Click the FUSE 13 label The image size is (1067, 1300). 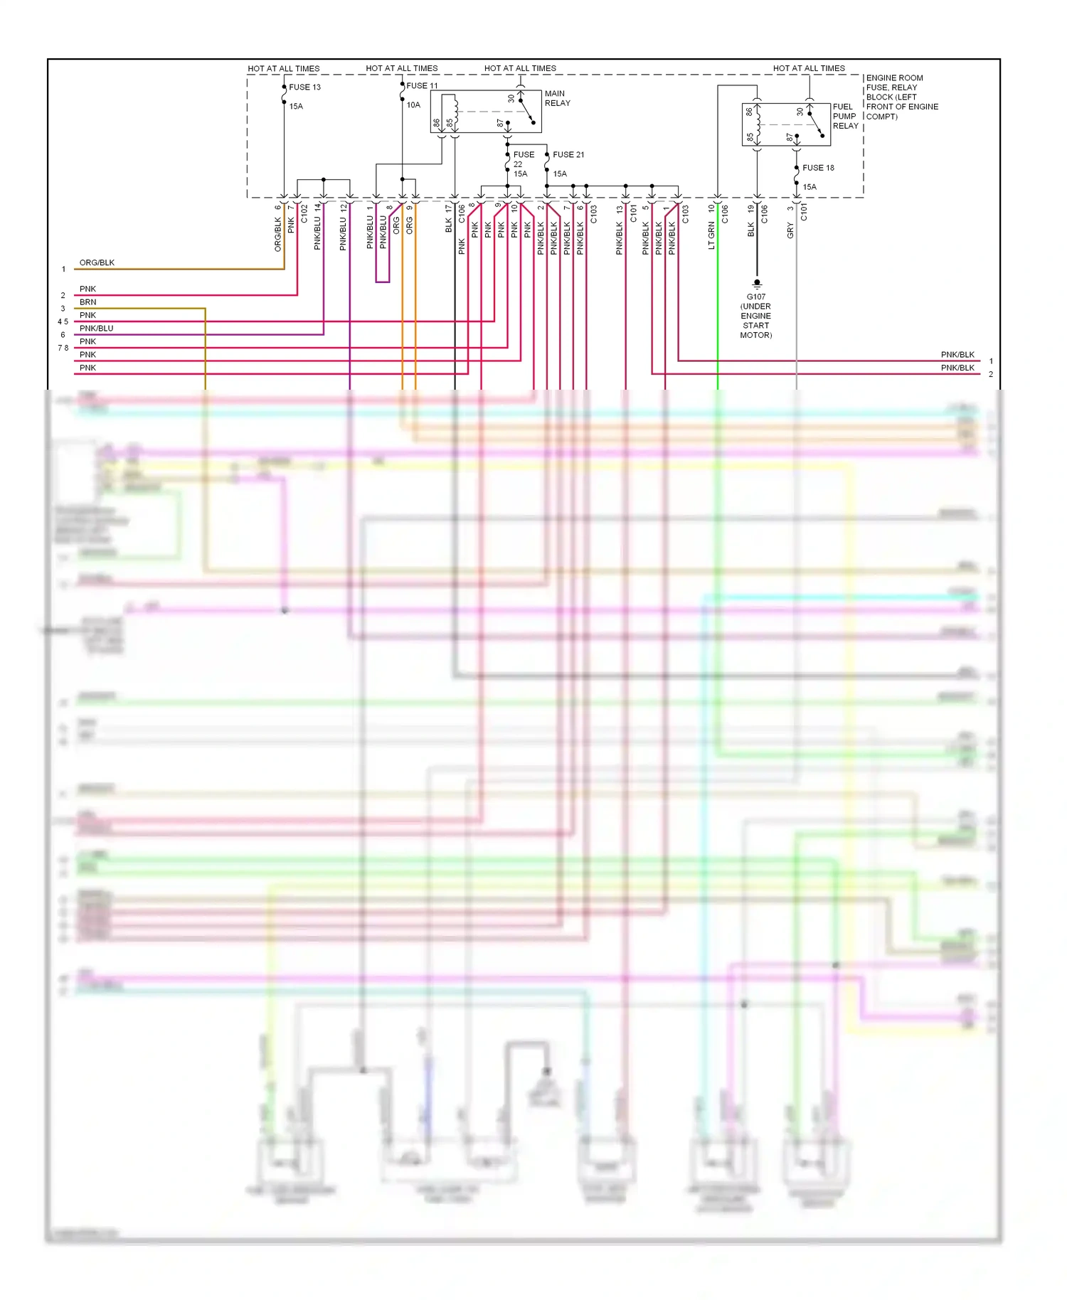coord(304,87)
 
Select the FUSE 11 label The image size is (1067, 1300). coord(422,85)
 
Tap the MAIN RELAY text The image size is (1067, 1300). coord(557,98)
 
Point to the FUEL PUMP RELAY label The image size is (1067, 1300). coord(845,116)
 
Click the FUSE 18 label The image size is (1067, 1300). coord(818,168)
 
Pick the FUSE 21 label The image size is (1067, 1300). coord(568,154)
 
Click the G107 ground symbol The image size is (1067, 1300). coord(757,283)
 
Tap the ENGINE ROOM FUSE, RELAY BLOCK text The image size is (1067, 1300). coord(901,97)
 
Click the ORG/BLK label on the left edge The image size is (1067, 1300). coord(97,262)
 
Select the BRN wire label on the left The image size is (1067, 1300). coord(87,302)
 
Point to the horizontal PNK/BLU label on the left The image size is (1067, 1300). coord(96,329)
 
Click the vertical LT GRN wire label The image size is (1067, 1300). coord(711,235)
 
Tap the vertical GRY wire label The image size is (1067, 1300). coord(790,230)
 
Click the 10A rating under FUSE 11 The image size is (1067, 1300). coord(413,105)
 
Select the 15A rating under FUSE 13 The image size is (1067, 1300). coord(296,106)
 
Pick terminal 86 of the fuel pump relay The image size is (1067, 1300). coord(749,112)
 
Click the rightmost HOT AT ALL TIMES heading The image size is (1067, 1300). coord(809,68)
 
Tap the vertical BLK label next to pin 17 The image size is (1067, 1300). coord(449,225)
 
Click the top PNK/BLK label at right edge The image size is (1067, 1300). coord(957,354)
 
